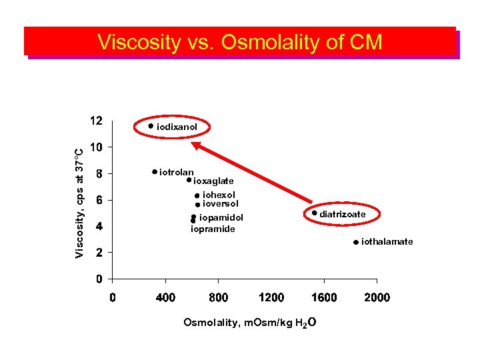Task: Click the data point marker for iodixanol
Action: click(151, 125)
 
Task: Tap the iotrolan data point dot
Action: click(154, 172)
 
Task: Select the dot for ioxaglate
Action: click(189, 179)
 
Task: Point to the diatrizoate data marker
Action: click(314, 213)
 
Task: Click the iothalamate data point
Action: click(356, 242)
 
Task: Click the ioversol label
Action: click(220, 203)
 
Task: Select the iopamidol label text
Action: click(221, 217)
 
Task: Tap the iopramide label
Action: click(213, 229)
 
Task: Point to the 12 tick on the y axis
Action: click(96, 121)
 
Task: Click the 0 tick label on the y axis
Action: click(99, 278)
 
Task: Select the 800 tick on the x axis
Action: click(218, 297)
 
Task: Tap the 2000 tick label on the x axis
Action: click(377, 297)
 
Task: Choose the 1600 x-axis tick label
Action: click(324, 297)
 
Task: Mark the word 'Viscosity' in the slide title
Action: click(139, 42)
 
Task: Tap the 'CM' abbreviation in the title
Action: click(365, 42)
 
